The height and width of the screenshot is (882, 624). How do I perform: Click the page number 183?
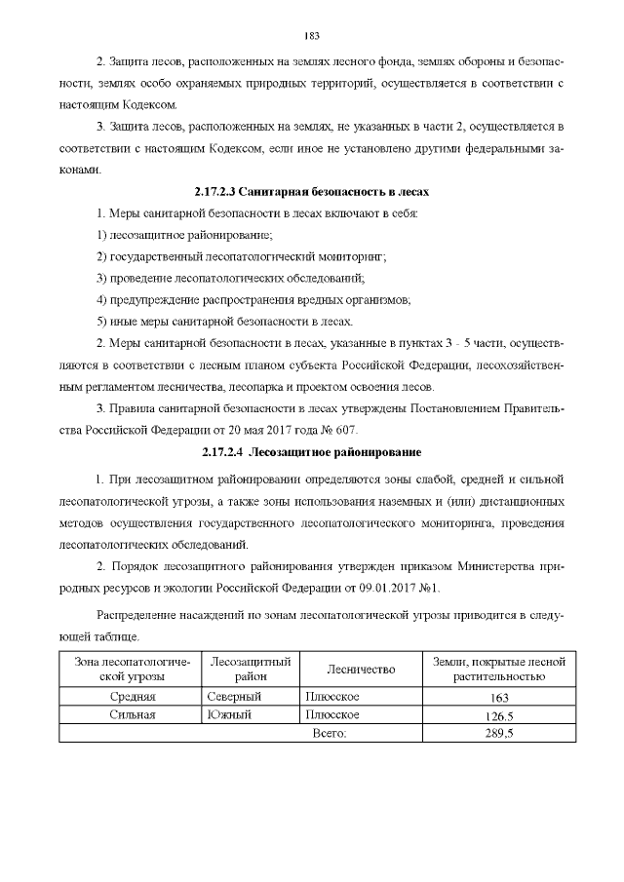(312, 37)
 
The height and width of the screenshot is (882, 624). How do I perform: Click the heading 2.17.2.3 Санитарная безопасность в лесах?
(312, 192)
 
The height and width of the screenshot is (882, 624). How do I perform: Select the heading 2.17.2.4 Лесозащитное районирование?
(312, 452)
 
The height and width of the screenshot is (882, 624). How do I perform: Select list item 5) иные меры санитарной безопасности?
(224, 321)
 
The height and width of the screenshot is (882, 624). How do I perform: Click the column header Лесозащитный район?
(251, 669)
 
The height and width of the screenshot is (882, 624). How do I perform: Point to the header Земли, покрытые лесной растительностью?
(498, 669)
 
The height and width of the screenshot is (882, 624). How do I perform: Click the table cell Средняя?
(131, 697)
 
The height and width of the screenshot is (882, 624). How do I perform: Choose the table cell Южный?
(230, 715)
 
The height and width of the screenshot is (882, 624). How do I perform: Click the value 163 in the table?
(498, 698)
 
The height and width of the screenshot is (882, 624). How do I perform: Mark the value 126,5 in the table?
(498, 716)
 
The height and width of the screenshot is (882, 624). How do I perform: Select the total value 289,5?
(498, 733)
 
